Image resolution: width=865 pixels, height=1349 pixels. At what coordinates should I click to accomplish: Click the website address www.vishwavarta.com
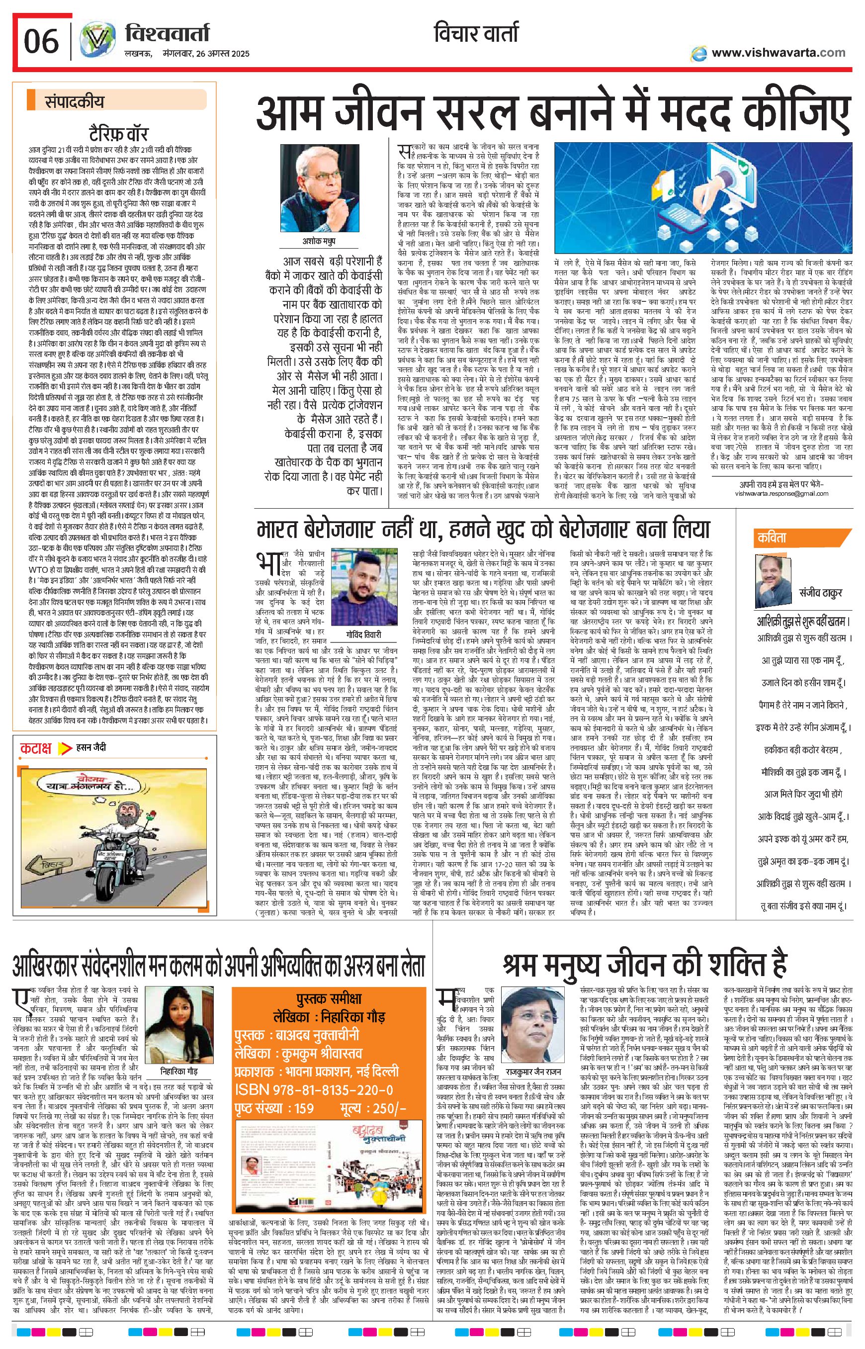778,52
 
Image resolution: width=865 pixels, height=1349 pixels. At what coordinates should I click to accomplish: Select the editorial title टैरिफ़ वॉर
117,134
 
